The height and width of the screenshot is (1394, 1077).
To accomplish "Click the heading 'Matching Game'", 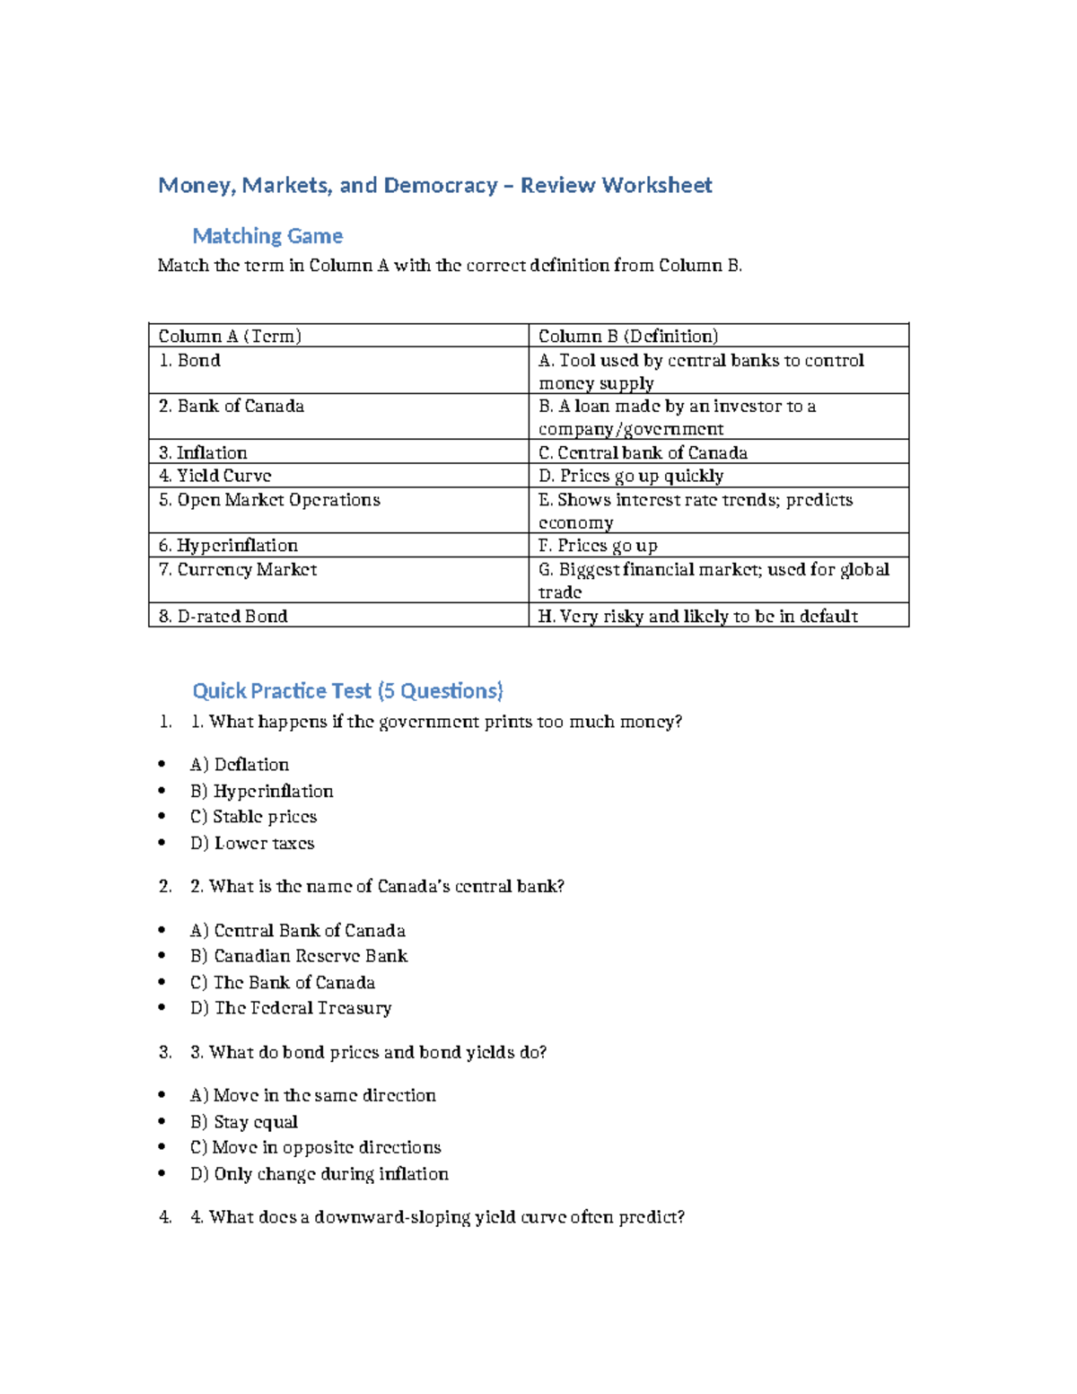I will [x=267, y=236].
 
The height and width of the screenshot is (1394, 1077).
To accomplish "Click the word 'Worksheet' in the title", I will [x=657, y=185].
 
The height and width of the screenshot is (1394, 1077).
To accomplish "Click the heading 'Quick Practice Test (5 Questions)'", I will [x=348, y=690].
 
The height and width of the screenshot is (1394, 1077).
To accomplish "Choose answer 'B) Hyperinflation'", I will [x=261, y=791].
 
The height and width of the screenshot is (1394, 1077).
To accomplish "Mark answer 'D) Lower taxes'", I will [x=252, y=843].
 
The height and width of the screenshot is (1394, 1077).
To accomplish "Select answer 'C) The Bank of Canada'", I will [x=282, y=982].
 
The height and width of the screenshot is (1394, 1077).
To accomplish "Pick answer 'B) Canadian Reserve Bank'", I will [x=299, y=956].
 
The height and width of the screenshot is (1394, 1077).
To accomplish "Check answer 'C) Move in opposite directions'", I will [x=315, y=1147].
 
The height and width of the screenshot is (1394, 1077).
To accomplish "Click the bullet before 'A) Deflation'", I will [x=162, y=765].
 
